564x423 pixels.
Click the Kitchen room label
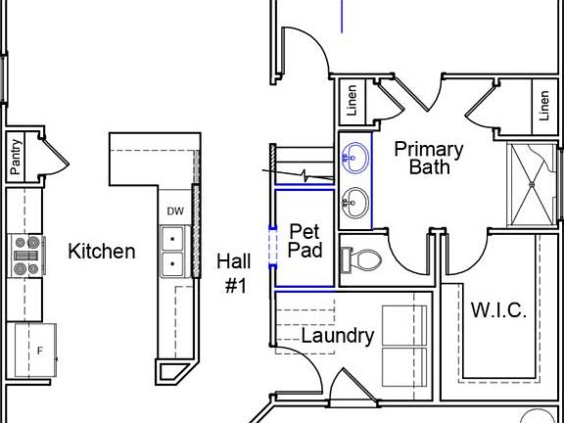pyautogui.click(x=101, y=252)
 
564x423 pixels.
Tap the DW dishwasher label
pyautogui.click(x=175, y=211)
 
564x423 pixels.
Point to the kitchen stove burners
pyautogui.click(x=26, y=255)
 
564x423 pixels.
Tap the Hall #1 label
pyautogui.click(x=233, y=273)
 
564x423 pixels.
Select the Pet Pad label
pyautogui.click(x=305, y=241)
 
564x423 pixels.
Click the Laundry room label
pyautogui.click(x=337, y=336)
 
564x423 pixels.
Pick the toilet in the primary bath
pyautogui.click(x=361, y=260)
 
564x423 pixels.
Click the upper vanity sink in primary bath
pyautogui.click(x=354, y=156)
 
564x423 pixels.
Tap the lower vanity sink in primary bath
pyautogui.click(x=354, y=203)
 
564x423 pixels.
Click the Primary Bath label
pyautogui.click(x=429, y=158)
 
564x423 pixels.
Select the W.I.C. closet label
pyautogui.click(x=498, y=311)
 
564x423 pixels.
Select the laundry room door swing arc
pyautogui.click(x=306, y=372)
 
